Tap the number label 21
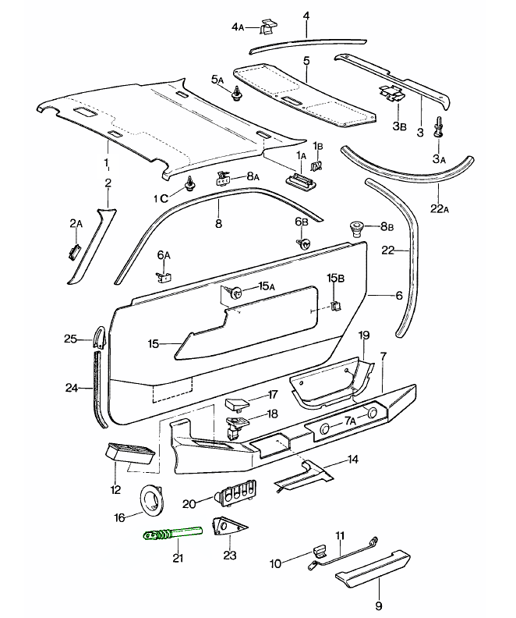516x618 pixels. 178,558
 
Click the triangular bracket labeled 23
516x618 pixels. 224,528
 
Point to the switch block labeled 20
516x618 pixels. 235,495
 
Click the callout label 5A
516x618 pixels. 217,80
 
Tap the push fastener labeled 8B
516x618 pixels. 357,228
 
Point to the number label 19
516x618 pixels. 363,335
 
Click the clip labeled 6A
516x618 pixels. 164,275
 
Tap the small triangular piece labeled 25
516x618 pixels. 99,338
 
